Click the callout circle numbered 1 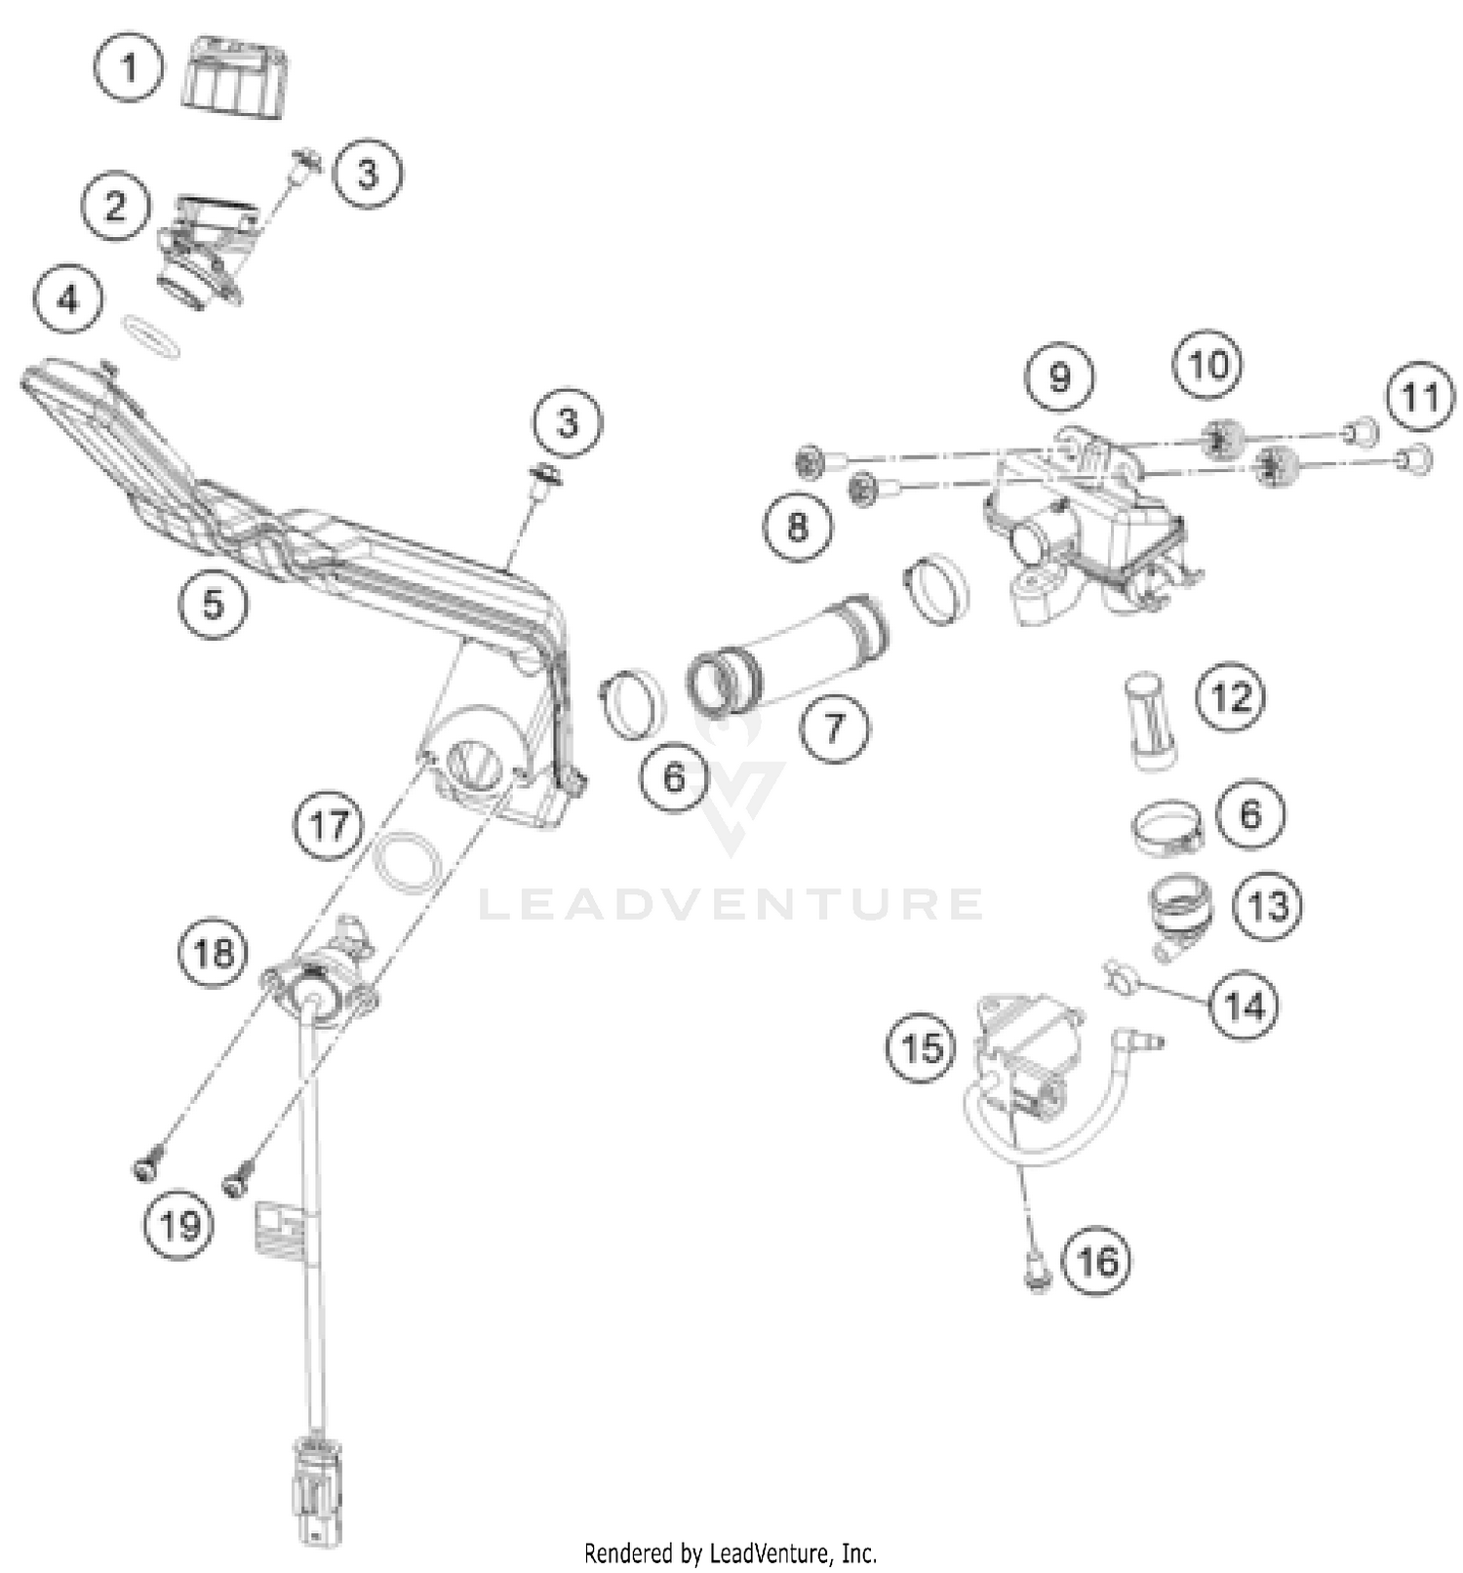(x=129, y=68)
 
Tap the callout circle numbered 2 (x=116, y=207)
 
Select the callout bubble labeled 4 (x=68, y=298)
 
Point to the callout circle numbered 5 (x=213, y=604)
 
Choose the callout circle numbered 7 (x=835, y=727)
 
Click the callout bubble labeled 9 (x=1060, y=376)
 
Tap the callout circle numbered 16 (x=1097, y=1261)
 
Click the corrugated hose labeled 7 (x=790, y=653)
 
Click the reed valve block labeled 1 (x=235, y=77)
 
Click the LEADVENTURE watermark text (x=730, y=905)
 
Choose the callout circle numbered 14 (x=1245, y=1004)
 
